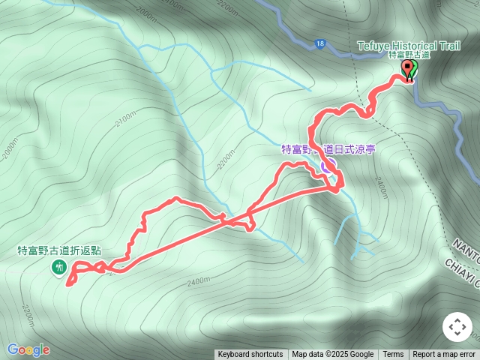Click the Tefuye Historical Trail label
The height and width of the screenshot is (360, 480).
click(x=408, y=46)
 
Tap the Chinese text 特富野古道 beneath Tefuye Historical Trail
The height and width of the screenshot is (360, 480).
click(x=409, y=55)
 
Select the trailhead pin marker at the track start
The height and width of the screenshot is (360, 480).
click(x=409, y=70)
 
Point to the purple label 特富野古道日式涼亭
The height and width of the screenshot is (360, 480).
click(x=328, y=149)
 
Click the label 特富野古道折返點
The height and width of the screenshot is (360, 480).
click(x=59, y=251)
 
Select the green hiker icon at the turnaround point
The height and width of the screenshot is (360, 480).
click(x=58, y=267)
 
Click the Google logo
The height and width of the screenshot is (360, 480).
click(x=28, y=349)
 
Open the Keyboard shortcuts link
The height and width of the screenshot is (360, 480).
click(x=250, y=355)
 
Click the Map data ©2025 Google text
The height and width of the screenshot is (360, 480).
click(x=332, y=355)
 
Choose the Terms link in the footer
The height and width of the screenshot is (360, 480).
click(x=393, y=355)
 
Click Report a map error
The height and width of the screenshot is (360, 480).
click(x=444, y=355)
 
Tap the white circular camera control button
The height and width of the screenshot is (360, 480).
click(x=457, y=327)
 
